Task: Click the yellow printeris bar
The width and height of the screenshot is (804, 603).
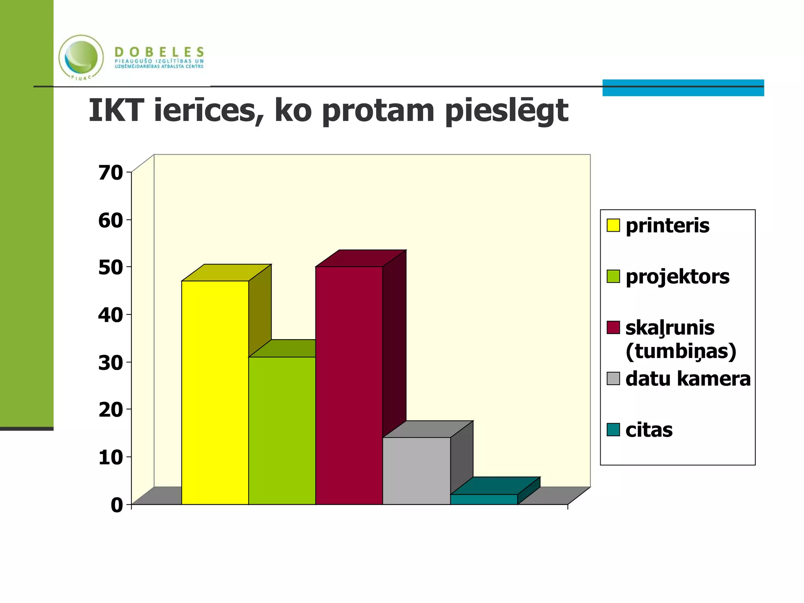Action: [215, 393]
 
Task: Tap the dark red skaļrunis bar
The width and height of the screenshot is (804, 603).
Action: [349, 385]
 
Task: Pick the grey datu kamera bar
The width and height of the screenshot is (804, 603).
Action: [416, 471]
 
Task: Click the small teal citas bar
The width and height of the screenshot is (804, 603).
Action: [484, 499]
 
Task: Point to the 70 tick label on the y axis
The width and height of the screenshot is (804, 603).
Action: [110, 173]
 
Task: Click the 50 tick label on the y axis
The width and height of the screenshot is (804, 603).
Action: [110, 268]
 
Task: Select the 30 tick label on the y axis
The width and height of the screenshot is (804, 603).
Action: [110, 363]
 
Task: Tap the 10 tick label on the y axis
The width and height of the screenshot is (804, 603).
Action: [110, 458]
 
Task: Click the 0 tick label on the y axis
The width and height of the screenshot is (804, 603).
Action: [117, 505]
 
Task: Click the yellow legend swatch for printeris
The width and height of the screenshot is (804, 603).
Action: [613, 225]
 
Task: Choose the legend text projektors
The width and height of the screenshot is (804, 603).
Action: [677, 277]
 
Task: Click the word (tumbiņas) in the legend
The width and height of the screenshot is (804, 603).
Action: [681, 351]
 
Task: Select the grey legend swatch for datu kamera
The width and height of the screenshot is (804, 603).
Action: [613, 378]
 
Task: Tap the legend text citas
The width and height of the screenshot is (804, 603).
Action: [649, 430]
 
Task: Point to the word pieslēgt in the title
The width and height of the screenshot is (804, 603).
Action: [506, 111]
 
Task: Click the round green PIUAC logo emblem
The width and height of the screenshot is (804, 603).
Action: [81, 57]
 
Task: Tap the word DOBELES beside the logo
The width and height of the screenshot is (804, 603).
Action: [159, 51]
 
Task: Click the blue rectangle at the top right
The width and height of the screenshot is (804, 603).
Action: [683, 88]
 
